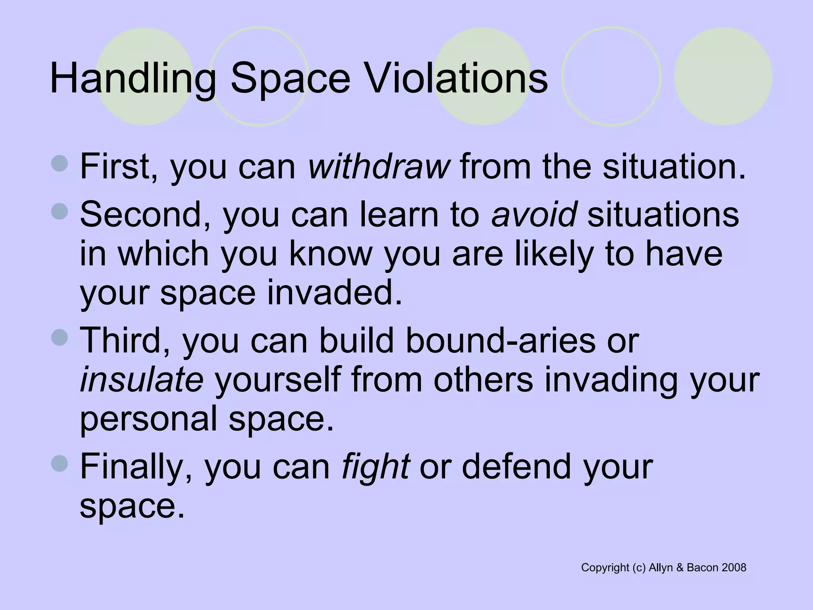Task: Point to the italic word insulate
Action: [142, 380]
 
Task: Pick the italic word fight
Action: [375, 467]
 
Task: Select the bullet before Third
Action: [60, 338]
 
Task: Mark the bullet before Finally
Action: [60, 463]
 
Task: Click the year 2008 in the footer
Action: [734, 568]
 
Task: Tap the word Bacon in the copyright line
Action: [702, 568]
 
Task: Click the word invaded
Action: [334, 293]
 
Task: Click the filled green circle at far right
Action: [723, 76]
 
